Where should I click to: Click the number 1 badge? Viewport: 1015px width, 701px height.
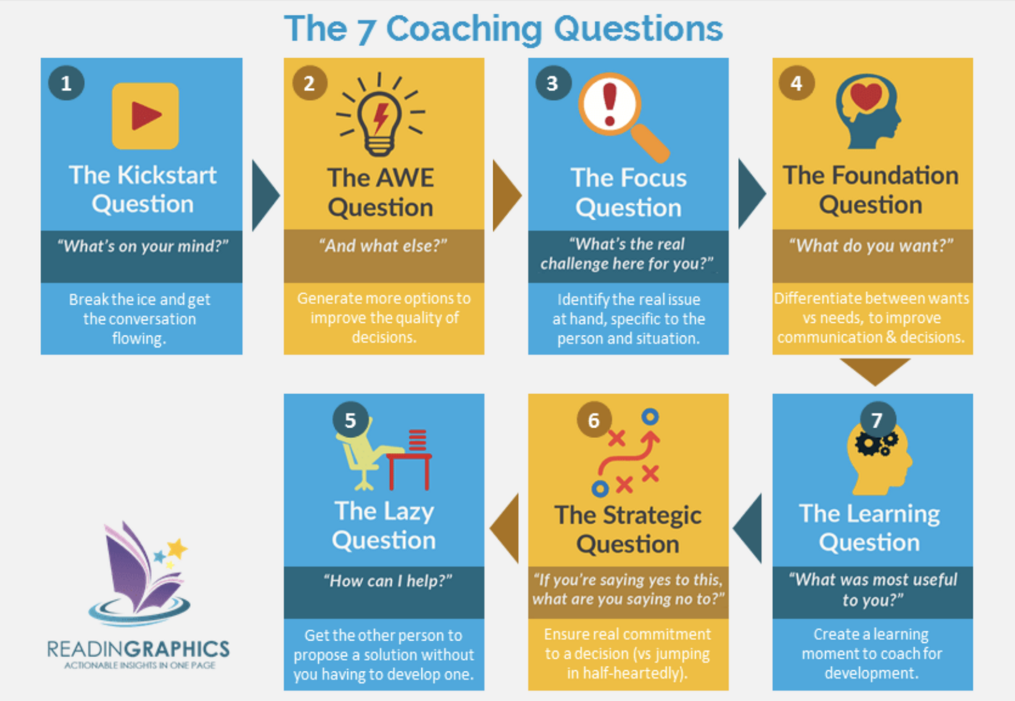click(66, 83)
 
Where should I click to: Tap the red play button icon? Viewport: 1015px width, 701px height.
click(146, 116)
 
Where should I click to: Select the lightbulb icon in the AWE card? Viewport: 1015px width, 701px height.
click(380, 115)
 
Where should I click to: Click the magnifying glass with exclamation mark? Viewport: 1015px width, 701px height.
click(623, 118)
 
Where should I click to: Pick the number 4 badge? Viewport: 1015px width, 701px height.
click(796, 83)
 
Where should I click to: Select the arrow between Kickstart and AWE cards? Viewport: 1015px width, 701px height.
click(265, 195)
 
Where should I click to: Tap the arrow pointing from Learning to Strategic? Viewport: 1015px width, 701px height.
click(747, 529)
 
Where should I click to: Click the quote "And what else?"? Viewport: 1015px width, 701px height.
click(384, 246)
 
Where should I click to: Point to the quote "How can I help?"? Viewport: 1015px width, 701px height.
click(387, 581)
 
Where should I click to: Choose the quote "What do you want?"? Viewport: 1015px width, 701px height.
click(871, 246)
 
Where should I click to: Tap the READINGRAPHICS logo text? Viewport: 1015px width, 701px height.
click(138, 649)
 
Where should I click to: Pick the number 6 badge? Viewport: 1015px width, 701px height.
click(594, 420)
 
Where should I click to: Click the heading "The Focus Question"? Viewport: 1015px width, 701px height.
click(629, 193)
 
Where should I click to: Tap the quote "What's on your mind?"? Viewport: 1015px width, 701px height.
click(143, 246)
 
